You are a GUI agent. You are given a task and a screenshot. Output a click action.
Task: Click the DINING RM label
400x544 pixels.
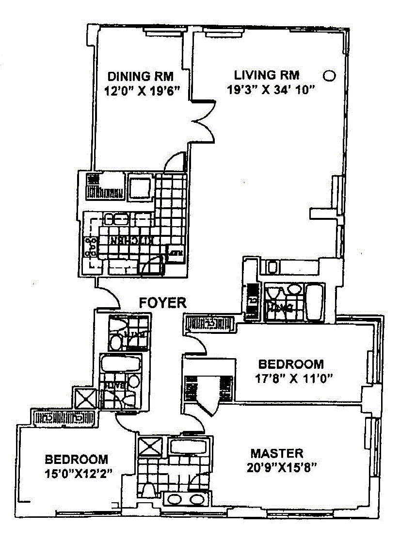[x=140, y=76]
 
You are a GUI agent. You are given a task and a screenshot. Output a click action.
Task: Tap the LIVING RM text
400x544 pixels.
[x=267, y=75]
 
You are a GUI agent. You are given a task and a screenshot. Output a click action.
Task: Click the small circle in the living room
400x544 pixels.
[x=329, y=75]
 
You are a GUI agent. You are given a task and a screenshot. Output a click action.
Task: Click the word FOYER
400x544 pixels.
[x=163, y=303]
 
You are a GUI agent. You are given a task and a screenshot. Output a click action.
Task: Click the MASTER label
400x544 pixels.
[x=277, y=454]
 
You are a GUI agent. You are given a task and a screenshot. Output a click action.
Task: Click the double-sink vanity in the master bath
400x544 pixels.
[x=185, y=499]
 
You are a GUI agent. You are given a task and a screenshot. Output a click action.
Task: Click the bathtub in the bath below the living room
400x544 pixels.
[x=314, y=302]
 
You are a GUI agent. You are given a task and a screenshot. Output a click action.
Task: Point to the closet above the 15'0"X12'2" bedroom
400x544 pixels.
[x=64, y=416]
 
